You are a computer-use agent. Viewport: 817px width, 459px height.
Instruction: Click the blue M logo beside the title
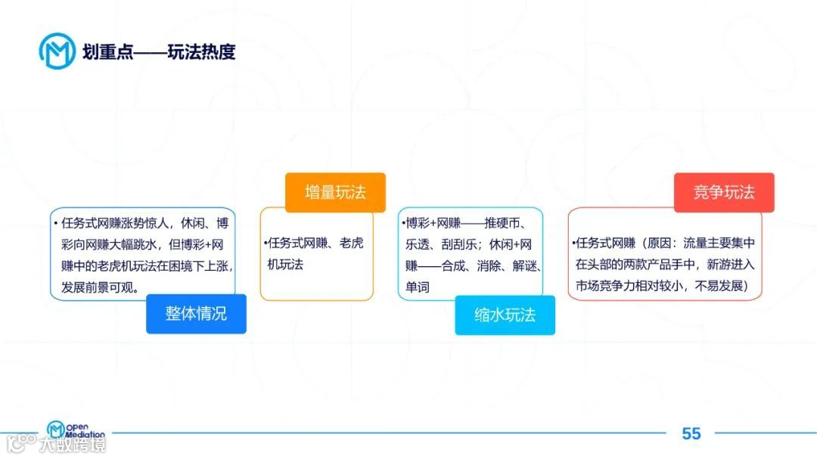[57, 51]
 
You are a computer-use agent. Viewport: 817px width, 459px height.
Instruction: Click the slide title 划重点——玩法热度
[159, 52]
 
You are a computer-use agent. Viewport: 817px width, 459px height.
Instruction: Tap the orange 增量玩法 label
[335, 192]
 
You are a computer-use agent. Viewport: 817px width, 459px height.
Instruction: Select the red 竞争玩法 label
[724, 192]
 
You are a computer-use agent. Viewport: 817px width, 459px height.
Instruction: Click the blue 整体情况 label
[196, 314]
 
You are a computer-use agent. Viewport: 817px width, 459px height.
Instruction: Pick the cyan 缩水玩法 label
[505, 315]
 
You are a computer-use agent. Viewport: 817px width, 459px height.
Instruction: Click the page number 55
[691, 433]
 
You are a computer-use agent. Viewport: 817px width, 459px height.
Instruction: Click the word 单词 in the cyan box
[418, 288]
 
